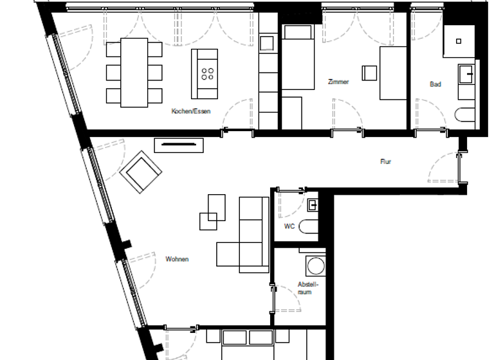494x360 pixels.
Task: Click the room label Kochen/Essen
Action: pyautogui.click(x=191, y=111)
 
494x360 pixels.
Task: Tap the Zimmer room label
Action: pyautogui.click(x=338, y=82)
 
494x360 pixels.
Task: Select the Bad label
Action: pyautogui.click(x=435, y=84)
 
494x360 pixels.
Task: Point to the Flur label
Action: pyautogui.click(x=385, y=162)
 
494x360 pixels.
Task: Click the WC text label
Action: pyautogui.click(x=289, y=227)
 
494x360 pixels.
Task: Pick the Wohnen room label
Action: pyautogui.click(x=177, y=260)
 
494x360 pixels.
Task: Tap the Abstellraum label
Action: pyautogui.click(x=305, y=288)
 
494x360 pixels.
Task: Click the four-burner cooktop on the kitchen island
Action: pyautogui.click(x=208, y=73)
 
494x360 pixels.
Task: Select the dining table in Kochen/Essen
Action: pyautogui.click(x=134, y=72)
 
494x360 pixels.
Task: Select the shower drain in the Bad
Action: pyautogui.click(x=459, y=41)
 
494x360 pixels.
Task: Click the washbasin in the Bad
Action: pyautogui.click(x=466, y=75)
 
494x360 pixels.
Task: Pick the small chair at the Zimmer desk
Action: pyautogui.click(x=370, y=72)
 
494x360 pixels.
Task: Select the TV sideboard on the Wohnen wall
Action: pyautogui.click(x=179, y=145)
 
